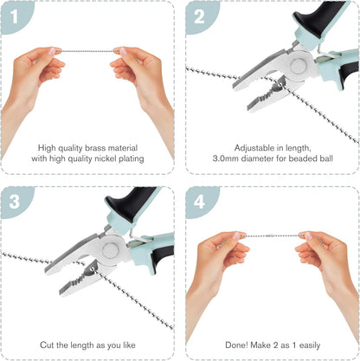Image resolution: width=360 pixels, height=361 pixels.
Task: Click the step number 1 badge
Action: click(x=15, y=16)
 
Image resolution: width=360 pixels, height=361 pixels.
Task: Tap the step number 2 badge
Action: click(x=199, y=16)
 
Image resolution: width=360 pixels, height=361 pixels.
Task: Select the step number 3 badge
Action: click(x=15, y=202)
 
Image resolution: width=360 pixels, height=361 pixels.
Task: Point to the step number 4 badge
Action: click(x=199, y=202)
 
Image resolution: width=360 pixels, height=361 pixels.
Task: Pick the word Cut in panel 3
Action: click(x=46, y=345)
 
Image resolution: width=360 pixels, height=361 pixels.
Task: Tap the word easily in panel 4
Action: click(x=310, y=345)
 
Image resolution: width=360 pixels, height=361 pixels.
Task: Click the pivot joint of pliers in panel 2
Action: click(x=298, y=66)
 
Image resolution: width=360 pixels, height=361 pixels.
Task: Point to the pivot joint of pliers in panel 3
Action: click(x=111, y=250)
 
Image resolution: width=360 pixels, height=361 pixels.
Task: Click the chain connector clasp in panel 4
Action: click(x=271, y=235)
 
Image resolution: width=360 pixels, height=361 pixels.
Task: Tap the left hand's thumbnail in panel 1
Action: click(x=52, y=51)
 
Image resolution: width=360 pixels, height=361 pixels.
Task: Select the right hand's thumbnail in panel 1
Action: click(x=123, y=51)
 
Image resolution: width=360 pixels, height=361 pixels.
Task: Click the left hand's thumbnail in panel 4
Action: click(x=237, y=235)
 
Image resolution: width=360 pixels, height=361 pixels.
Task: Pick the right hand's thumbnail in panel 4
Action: click(x=308, y=236)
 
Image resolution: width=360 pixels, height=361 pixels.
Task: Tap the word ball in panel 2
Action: click(x=326, y=158)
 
